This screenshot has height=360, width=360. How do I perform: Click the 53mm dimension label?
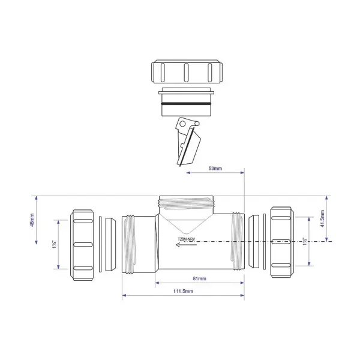[214, 168]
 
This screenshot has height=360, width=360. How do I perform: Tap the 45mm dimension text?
[32, 229]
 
